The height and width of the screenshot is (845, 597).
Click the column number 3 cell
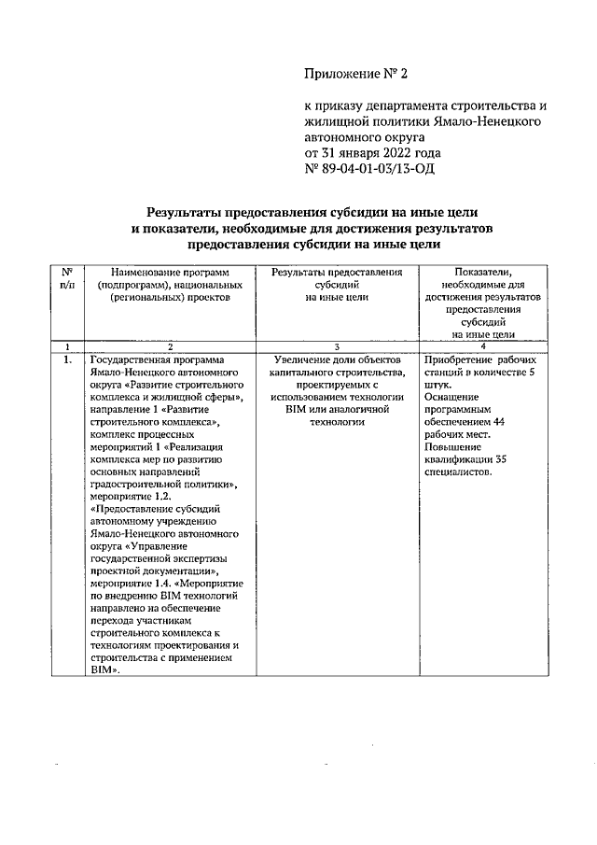pyautogui.click(x=338, y=346)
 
